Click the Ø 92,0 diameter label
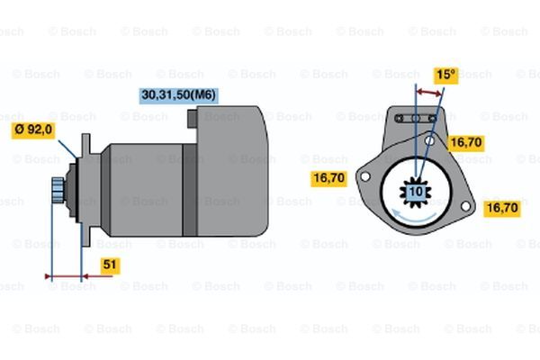33,130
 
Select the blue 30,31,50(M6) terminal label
179,95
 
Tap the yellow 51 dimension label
110,265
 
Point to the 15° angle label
446,75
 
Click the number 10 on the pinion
416,192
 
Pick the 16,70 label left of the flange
328,178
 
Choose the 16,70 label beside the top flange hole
466,142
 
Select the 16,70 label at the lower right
502,208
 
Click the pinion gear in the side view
58,190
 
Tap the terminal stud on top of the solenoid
193,118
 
